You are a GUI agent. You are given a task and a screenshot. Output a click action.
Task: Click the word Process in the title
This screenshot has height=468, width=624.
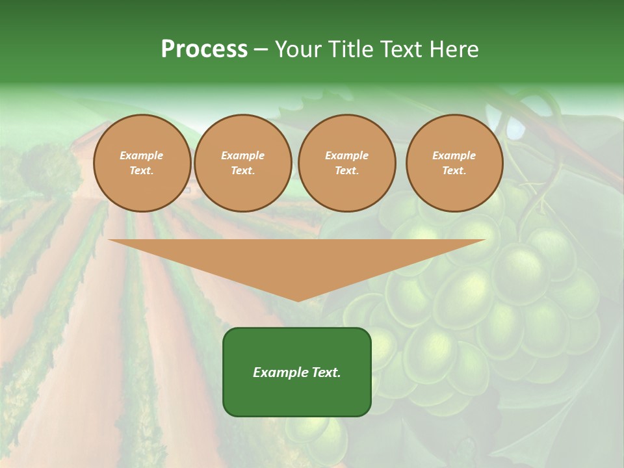(x=204, y=49)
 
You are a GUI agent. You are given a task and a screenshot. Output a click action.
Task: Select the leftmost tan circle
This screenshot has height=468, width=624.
(x=142, y=163)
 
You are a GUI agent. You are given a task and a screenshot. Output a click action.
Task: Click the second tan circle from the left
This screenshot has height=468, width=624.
(x=242, y=163)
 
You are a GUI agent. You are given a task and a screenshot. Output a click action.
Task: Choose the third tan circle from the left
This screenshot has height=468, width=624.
(x=346, y=163)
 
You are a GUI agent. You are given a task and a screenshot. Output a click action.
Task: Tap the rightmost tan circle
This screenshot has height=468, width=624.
(x=454, y=163)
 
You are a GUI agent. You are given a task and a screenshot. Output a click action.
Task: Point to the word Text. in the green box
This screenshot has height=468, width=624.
(x=325, y=372)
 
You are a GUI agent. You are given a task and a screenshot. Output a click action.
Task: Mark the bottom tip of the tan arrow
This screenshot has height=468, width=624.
(x=298, y=300)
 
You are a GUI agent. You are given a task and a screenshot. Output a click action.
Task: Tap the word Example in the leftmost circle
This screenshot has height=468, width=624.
(x=142, y=155)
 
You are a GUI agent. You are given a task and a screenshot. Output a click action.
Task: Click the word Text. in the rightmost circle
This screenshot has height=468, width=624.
(x=454, y=171)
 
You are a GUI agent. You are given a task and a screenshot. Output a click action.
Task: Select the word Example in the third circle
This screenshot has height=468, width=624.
(x=346, y=155)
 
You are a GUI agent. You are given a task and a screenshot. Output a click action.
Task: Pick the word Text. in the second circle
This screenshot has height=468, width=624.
(x=242, y=171)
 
